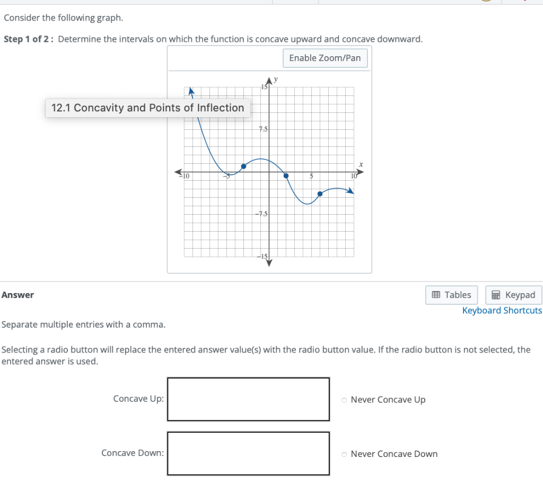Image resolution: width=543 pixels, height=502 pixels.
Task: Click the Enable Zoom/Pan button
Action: point(325,58)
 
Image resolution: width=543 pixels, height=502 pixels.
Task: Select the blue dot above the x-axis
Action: point(243,166)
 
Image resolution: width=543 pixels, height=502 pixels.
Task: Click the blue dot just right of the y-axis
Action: point(286,175)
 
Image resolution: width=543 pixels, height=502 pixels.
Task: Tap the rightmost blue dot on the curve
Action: point(320,194)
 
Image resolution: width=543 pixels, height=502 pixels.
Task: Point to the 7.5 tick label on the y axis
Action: point(264,129)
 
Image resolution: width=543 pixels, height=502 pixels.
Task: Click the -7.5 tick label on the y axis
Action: point(262,214)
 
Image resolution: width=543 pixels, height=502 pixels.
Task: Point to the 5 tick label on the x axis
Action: point(312,176)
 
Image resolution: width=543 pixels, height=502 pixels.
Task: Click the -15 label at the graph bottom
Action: point(263,257)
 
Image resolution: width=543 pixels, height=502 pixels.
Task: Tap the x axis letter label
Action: point(361,165)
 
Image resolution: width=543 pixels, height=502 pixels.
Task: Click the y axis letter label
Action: point(276,80)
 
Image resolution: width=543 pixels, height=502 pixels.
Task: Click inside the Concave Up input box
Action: point(248,399)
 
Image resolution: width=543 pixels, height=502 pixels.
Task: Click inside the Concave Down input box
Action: point(248,453)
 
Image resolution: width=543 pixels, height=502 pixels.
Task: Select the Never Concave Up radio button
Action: point(345,400)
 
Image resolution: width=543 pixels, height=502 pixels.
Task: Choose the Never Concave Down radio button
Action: point(345,454)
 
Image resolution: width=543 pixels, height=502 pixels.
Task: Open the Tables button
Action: point(451,295)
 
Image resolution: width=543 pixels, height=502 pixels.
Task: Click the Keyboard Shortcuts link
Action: point(502,311)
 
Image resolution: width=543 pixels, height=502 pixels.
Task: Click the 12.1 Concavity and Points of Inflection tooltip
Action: point(147,108)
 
